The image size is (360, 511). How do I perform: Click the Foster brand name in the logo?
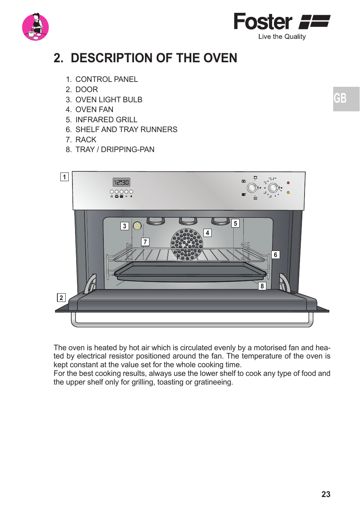(x=263, y=22)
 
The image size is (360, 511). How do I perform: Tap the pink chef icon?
(x=35, y=27)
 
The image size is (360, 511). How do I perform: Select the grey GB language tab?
(x=346, y=99)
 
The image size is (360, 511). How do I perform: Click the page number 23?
(x=326, y=494)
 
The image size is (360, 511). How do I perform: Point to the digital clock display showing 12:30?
(x=122, y=182)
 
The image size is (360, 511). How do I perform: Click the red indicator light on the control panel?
(x=288, y=183)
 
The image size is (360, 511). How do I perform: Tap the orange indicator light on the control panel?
(x=288, y=192)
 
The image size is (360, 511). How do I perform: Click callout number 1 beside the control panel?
(x=65, y=177)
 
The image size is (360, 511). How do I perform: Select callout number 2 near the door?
(x=61, y=297)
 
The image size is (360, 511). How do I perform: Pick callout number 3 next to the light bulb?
(x=125, y=226)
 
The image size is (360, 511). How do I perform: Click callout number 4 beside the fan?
(x=207, y=233)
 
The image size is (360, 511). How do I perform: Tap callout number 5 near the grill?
(x=235, y=223)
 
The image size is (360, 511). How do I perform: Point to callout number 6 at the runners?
(x=275, y=255)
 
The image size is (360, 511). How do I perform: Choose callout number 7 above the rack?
(x=145, y=242)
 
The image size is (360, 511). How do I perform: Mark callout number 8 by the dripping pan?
(x=262, y=286)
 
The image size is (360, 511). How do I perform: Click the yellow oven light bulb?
(x=137, y=226)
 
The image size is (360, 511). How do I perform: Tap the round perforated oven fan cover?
(x=187, y=244)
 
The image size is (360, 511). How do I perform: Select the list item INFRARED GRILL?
(x=106, y=120)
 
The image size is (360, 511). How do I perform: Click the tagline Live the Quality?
(x=282, y=37)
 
